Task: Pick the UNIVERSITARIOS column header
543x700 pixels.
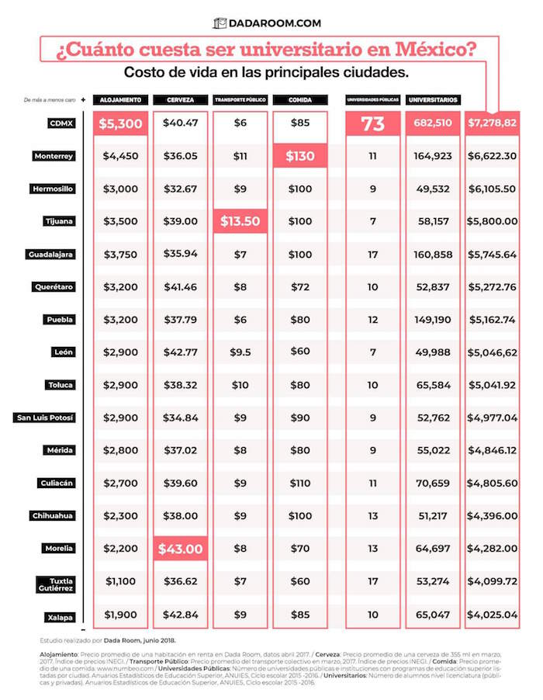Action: point(432,100)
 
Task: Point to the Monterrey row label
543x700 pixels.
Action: point(54,156)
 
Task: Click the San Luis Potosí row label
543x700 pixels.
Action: point(46,418)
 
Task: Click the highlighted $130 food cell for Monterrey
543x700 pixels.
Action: point(300,156)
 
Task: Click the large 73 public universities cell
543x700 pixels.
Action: point(372,123)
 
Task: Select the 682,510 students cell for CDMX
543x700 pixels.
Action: point(432,123)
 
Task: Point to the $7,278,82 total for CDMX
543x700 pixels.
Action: point(492,123)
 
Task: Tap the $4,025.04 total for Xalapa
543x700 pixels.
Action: point(492,615)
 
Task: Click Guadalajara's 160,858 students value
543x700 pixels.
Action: point(432,255)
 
